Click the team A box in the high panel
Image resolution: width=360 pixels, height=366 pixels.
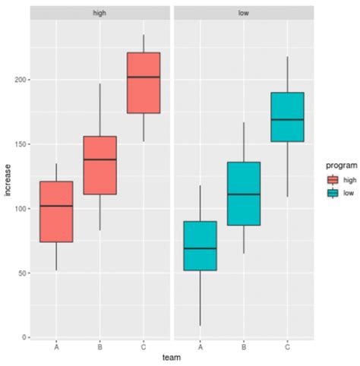56,212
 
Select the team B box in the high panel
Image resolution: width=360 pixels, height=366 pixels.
99,165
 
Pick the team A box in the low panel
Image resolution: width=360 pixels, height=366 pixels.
201,246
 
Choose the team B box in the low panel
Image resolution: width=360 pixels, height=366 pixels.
244,194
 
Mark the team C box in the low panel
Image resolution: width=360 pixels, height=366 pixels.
287,117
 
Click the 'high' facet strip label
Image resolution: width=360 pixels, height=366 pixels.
99,13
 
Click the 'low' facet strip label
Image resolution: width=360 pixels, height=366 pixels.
244,13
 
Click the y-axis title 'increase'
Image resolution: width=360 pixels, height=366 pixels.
8,179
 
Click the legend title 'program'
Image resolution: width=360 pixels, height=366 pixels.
336,164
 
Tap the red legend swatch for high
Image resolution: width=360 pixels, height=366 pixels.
331,179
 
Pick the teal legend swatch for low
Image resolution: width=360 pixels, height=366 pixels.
331,193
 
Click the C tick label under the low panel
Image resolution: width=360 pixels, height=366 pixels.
287,346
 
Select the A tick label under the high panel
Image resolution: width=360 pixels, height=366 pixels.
56,346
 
